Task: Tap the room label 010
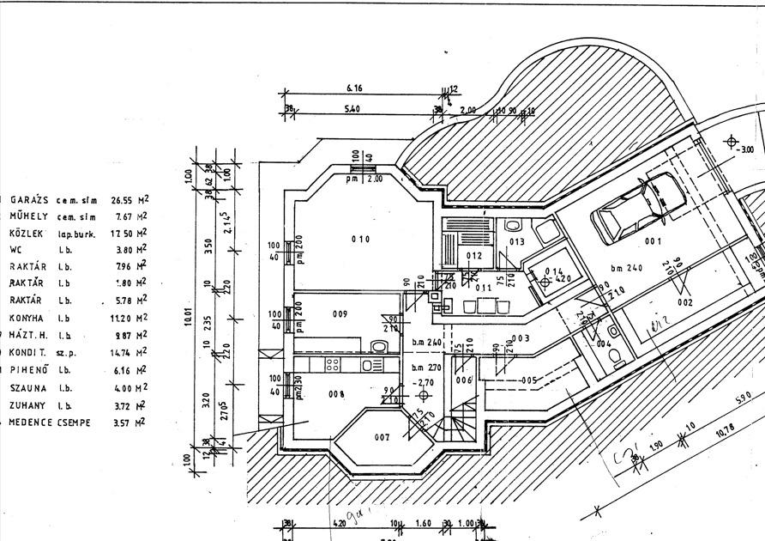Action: [x=360, y=239]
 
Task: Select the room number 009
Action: [x=340, y=314]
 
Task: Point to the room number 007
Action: [x=382, y=437]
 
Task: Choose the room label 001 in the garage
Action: [x=654, y=241]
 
